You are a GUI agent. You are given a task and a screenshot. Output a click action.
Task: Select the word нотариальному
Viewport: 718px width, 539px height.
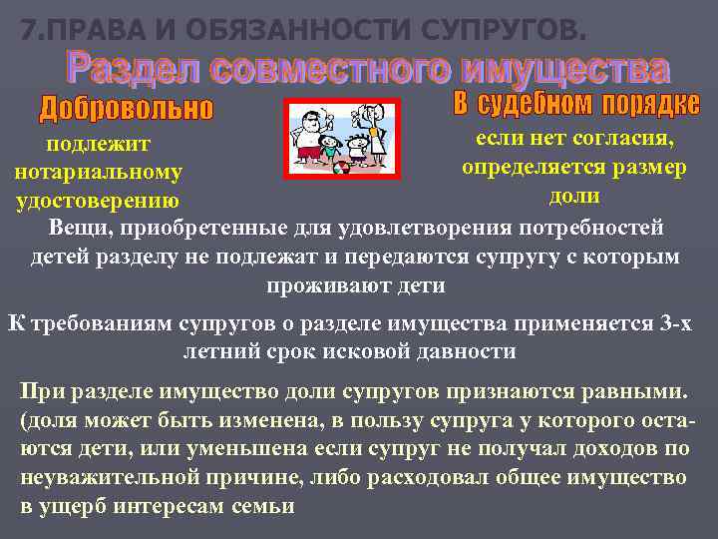(99, 173)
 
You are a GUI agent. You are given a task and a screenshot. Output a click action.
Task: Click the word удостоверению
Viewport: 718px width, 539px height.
(99, 201)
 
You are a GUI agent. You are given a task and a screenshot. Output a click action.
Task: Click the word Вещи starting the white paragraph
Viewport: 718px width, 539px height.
(80, 228)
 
